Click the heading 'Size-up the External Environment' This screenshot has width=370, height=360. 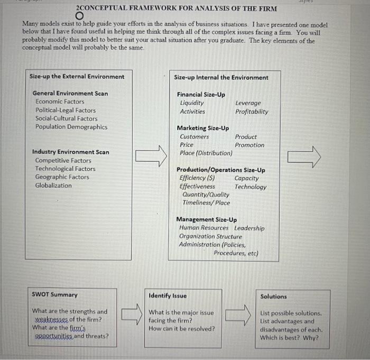(x=77, y=77)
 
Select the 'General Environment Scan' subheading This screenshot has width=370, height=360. (x=70, y=94)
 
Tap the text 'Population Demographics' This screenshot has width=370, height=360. (x=71, y=127)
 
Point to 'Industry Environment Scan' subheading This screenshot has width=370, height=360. (x=71, y=152)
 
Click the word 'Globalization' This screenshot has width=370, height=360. (x=53, y=186)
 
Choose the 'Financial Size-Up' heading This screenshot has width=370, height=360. (x=201, y=95)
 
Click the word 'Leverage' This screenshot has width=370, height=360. (x=248, y=103)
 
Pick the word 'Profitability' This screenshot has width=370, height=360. (x=252, y=112)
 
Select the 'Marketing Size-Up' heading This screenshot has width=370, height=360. (x=203, y=128)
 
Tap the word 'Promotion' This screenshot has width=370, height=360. (x=249, y=145)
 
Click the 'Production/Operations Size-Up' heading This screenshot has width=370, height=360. (x=221, y=170)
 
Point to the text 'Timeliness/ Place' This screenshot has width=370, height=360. (x=206, y=202)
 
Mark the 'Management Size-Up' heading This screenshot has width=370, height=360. (x=207, y=219)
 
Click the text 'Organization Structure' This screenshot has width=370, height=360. (x=210, y=236)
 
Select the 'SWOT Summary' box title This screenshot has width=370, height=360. (x=54, y=295)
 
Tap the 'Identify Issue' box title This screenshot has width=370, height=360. (x=168, y=296)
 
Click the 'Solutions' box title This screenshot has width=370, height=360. (x=274, y=297)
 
